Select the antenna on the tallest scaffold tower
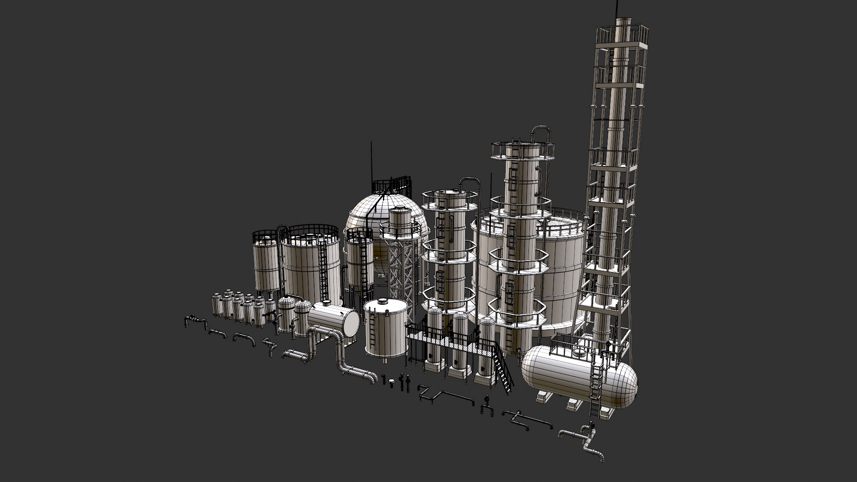click(x=618, y=8)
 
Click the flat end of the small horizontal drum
click(x=351, y=323)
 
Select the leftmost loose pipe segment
click(x=194, y=320)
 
